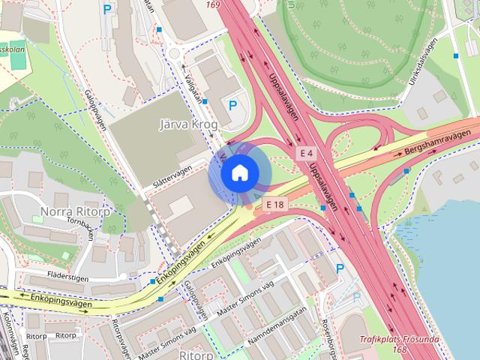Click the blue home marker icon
[239, 172]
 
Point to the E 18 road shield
[274, 203]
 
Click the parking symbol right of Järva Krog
[232, 106]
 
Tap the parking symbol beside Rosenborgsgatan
[340, 268]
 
